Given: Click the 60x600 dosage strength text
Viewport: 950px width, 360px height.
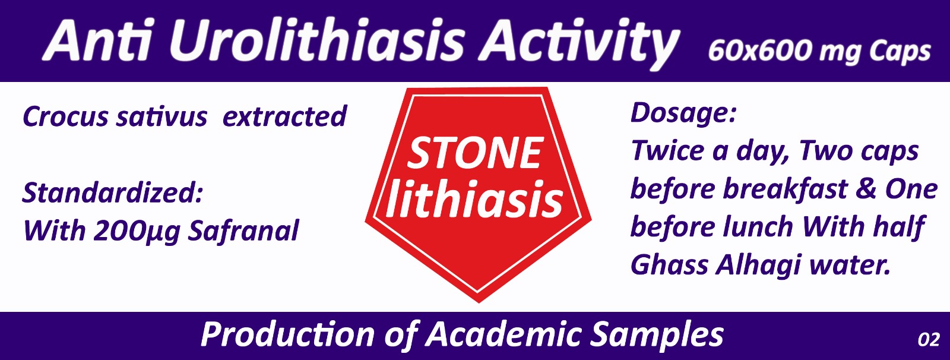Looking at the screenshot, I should click(x=761, y=51).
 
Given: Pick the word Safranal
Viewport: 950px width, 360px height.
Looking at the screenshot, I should click(x=243, y=231).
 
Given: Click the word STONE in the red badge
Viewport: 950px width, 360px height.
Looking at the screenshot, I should click(x=474, y=154).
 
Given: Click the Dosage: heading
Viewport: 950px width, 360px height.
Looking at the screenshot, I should click(x=683, y=113).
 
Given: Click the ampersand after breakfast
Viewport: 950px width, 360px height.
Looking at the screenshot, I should click(x=866, y=190).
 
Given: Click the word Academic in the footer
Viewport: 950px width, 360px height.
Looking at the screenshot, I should click(x=504, y=334).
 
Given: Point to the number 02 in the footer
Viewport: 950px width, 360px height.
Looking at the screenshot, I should click(x=929, y=340).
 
